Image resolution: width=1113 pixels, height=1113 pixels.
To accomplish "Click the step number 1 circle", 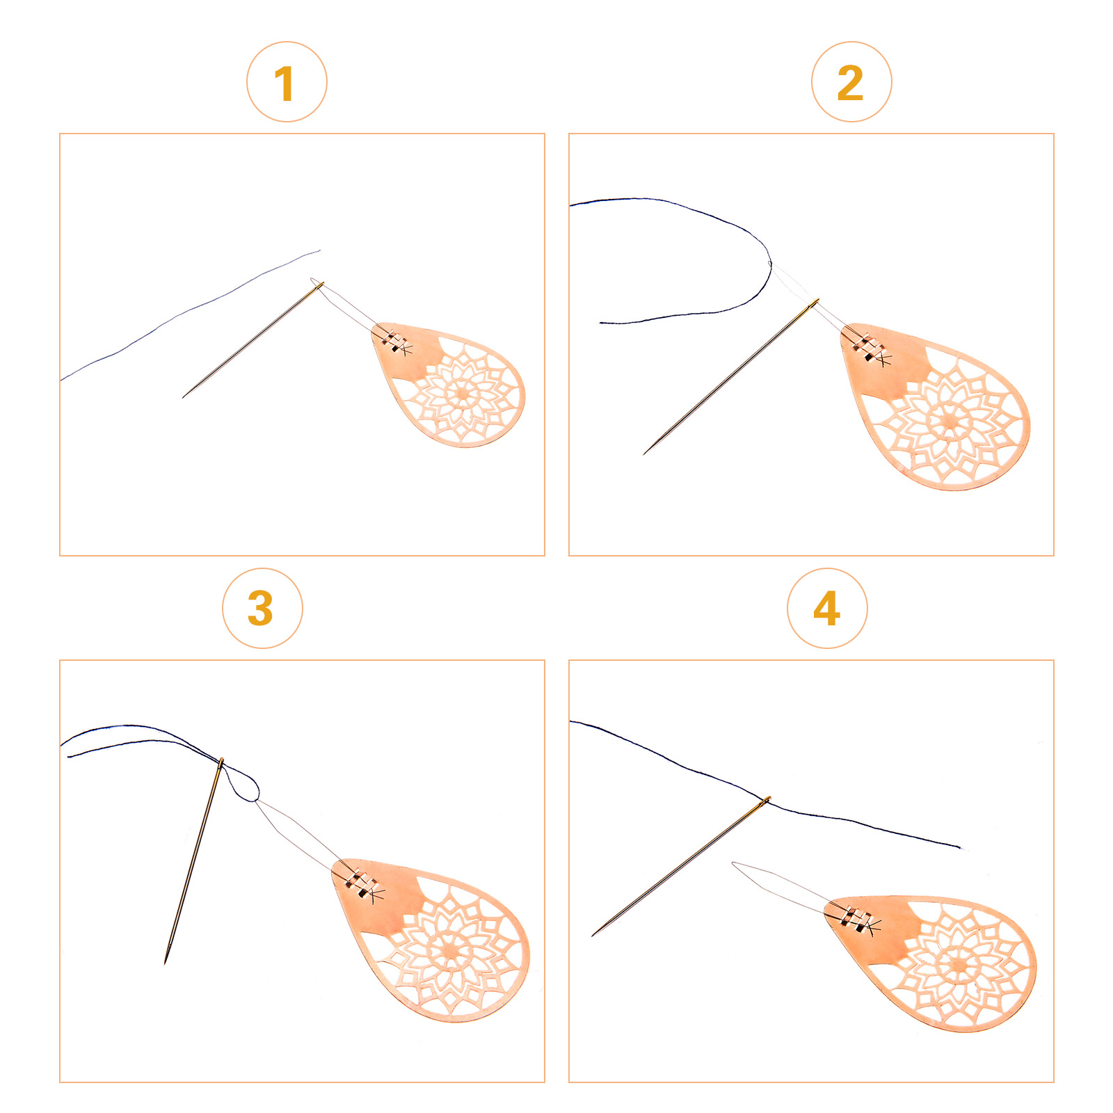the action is point(287,82).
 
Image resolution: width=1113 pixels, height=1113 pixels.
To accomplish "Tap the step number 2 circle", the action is point(851,82).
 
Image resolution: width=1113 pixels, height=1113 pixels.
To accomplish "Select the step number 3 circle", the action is point(262,609).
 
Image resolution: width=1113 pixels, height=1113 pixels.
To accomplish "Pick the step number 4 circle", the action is point(827,609).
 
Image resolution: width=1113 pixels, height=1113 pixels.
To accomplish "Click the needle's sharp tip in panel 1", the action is point(183,397).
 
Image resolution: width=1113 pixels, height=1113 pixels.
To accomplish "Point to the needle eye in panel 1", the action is point(319,285).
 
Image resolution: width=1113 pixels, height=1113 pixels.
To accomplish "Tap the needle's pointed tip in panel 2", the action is point(644,454).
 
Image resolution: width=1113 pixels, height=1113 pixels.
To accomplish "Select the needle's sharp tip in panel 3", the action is point(166,963).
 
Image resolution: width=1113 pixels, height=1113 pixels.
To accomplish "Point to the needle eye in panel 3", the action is point(221,763).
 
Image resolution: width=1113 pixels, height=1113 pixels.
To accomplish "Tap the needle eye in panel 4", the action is point(766,801).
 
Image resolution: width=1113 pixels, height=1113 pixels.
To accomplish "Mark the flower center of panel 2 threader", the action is point(949,419).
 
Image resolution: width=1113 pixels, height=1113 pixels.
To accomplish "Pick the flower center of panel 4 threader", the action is point(959,965).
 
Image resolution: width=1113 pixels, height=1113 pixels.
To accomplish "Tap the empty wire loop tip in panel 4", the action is point(735,864).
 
